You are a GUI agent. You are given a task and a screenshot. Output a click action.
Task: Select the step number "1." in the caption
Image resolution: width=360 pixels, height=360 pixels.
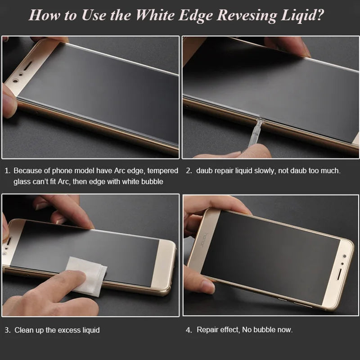point(7,171)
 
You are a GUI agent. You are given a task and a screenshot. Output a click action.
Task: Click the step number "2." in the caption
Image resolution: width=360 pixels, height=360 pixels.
point(189,171)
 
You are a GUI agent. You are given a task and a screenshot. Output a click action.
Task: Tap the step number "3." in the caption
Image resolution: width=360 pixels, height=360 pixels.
point(8,330)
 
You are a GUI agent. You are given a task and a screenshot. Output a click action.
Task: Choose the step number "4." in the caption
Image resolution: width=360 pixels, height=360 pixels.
point(189,330)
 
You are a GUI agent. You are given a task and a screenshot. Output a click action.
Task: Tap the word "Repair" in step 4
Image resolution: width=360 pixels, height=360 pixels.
point(207,330)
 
